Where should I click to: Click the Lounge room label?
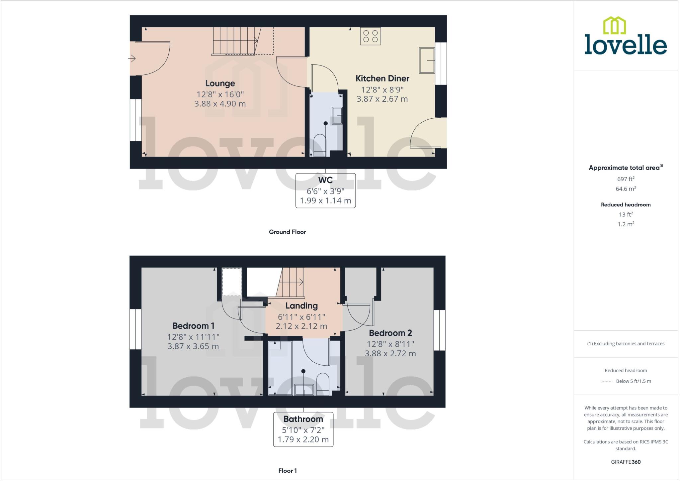click(220, 83)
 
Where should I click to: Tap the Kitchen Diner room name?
click(382, 78)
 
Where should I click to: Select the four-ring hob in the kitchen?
click(370, 36)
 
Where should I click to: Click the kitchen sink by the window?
click(427, 60)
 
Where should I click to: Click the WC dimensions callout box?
click(325, 190)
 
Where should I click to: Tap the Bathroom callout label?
click(303, 419)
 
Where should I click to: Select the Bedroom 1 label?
click(193, 325)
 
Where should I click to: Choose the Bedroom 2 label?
click(390, 333)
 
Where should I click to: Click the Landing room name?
click(301, 305)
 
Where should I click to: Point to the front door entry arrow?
click(132, 59)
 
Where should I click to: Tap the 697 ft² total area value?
click(626, 179)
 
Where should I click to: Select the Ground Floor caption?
click(287, 232)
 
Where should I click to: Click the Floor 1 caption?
click(288, 471)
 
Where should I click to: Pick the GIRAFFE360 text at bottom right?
click(626, 462)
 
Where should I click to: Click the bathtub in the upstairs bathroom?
click(280, 368)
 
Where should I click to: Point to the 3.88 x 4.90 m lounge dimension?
click(220, 104)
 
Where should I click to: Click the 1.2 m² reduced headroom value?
click(626, 224)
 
